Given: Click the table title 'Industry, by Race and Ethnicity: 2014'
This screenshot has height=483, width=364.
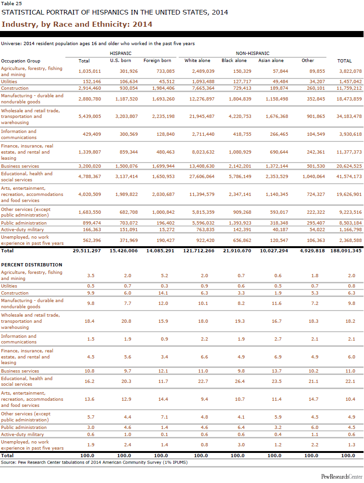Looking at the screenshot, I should point(77,24).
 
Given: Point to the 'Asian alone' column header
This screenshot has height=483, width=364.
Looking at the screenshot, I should point(271,61).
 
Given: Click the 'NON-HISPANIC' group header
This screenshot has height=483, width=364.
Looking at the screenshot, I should point(253,54).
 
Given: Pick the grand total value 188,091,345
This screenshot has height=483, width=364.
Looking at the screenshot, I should point(346,251).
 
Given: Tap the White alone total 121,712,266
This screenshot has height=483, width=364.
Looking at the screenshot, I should point(197,251).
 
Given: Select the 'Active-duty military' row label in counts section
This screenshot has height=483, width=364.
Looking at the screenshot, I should point(23,230).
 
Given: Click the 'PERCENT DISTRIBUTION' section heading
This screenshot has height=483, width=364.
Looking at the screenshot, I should point(32,265).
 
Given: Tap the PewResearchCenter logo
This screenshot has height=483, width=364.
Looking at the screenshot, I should point(342,476).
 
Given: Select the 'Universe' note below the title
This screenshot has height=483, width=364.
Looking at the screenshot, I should point(98,44).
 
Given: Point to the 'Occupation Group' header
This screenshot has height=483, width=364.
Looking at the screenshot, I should point(21,61).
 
